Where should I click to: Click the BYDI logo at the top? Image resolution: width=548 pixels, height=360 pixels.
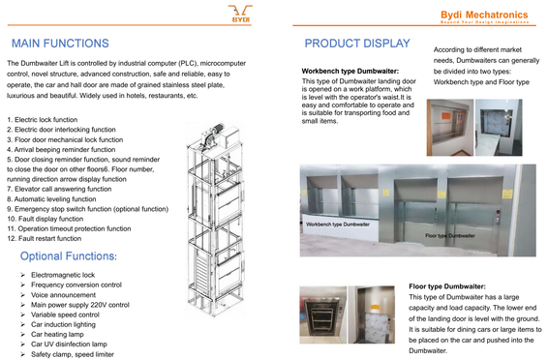pyautogui.click(x=240, y=14)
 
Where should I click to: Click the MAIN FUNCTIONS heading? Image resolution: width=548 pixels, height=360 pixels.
pyautogui.click(x=60, y=44)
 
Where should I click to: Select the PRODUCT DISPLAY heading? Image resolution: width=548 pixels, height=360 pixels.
pyautogui.click(x=357, y=44)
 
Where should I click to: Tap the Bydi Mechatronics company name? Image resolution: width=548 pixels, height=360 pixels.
pyautogui.click(x=484, y=15)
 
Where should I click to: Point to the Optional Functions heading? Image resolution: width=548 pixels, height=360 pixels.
pyautogui.click(x=68, y=255)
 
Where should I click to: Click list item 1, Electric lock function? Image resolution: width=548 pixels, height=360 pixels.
pyautogui.click(x=43, y=120)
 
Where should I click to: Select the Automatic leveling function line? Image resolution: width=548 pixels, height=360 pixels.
pyautogui.click(x=51, y=199)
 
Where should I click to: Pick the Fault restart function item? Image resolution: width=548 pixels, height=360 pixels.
pyautogui.click(x=45, y=238)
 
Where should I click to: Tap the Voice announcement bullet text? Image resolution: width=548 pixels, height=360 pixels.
pyautogui.click(x=63, y=295)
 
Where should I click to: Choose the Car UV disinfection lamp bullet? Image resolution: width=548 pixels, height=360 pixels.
pyautogui.click(x=69, y=345)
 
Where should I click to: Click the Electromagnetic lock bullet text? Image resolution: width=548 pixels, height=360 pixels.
pyautogui.click(x=63, y=275)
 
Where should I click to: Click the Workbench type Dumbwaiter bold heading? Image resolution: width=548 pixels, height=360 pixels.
pyautogui.click(x=350, y=72)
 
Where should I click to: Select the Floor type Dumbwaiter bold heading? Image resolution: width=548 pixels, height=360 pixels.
pyautogui.click(x=447, y=286)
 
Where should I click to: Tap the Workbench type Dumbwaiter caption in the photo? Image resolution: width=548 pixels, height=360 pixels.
pyautogui.click(x=338, y=225)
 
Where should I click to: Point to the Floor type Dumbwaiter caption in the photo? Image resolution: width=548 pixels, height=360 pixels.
pyautogui.click(x=450, y=236)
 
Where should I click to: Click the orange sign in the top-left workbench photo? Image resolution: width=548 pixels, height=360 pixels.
pyautogui.click(x=446, y=115)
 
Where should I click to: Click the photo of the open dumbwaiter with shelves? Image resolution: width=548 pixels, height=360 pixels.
pyautogui.click(x=323, y=315)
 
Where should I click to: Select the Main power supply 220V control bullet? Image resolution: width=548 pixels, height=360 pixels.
pyautogui.click(x=80, y=305)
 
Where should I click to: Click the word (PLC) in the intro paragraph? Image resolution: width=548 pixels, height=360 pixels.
pyautogui.click(x=188, y=64)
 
